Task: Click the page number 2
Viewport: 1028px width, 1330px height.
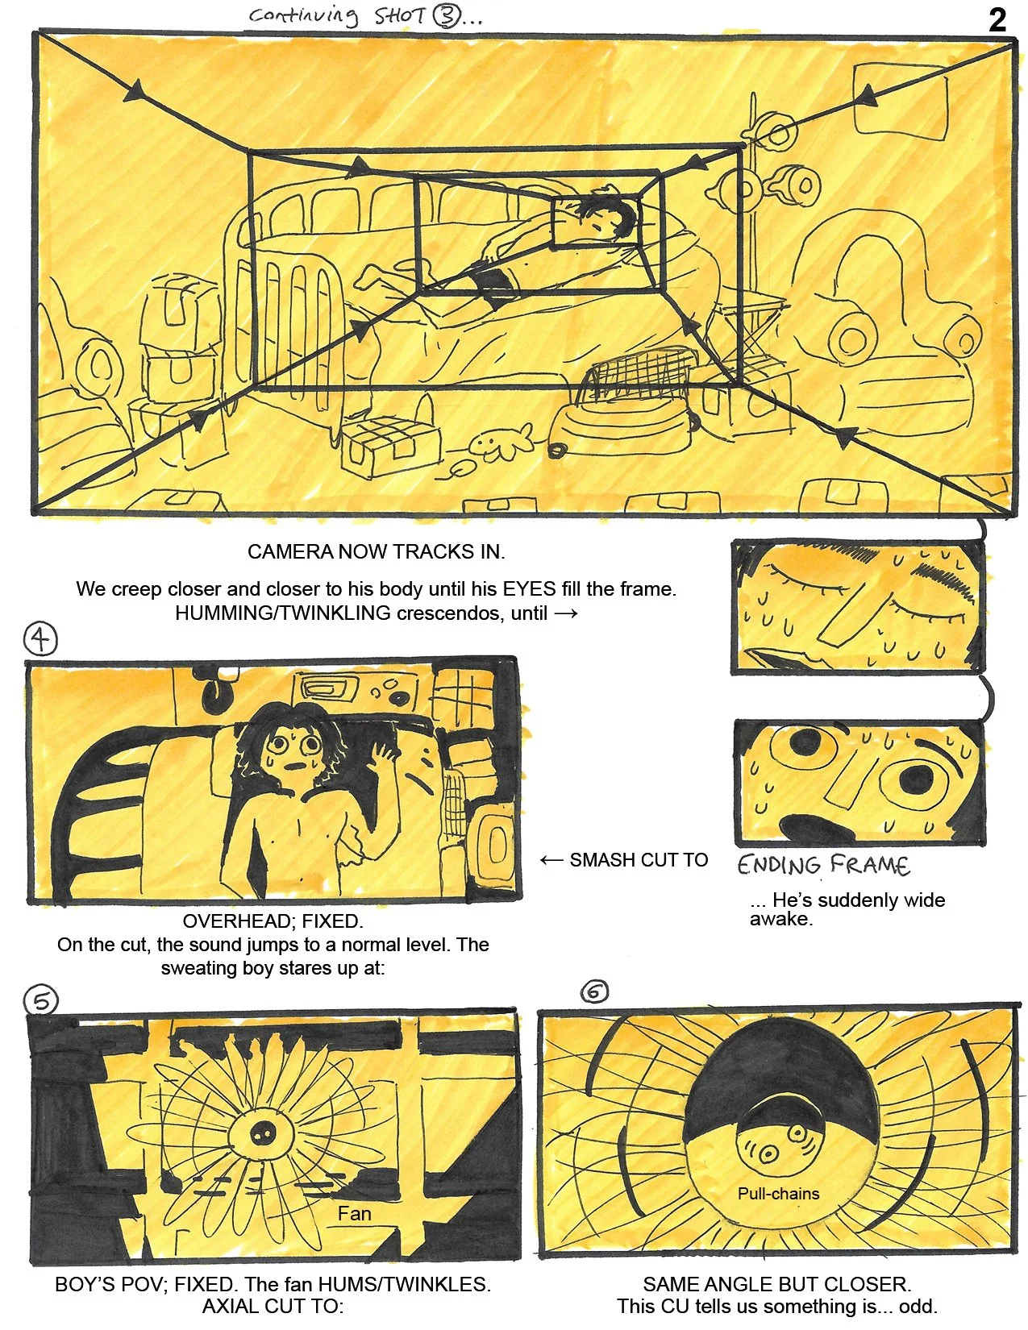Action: (x=997, y=19)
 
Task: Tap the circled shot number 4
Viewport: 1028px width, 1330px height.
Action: (x=40, y=639)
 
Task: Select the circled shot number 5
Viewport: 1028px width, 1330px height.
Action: (x=41, y=1000)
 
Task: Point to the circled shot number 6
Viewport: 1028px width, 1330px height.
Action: (x=595, y=991)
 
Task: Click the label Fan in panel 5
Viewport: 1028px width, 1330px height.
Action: (x=354, y=1214)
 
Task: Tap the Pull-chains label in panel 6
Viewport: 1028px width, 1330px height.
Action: (x=778, y=1194)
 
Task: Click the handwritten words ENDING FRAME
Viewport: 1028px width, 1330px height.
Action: (x=823, y=865)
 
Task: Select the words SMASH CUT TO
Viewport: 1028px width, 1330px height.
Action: (x=639, y=860)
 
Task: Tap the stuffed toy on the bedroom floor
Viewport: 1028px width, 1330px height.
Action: (x=499, y=443)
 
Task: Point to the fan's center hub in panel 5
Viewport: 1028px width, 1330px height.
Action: (x=261, y=1133)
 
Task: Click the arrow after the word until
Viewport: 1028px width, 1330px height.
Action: (x=566, y=613)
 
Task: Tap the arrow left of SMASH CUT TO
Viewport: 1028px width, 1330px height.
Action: (x=551, y=860)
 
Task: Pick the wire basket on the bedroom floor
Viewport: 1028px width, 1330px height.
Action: (x=641, y=375)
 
